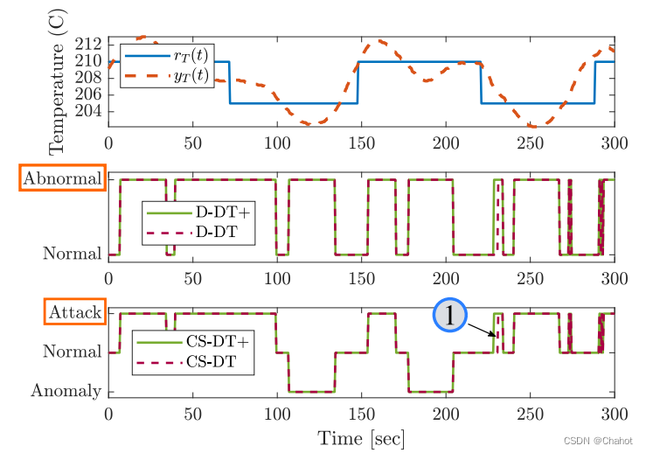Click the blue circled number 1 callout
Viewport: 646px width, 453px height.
450,316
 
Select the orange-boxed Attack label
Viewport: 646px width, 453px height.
74,311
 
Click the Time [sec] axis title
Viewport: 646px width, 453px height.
361,437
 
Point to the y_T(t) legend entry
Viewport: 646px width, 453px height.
187,76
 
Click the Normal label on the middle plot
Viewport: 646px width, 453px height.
73,254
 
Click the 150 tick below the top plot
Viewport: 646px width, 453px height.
361,142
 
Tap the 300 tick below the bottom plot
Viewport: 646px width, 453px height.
615,412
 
